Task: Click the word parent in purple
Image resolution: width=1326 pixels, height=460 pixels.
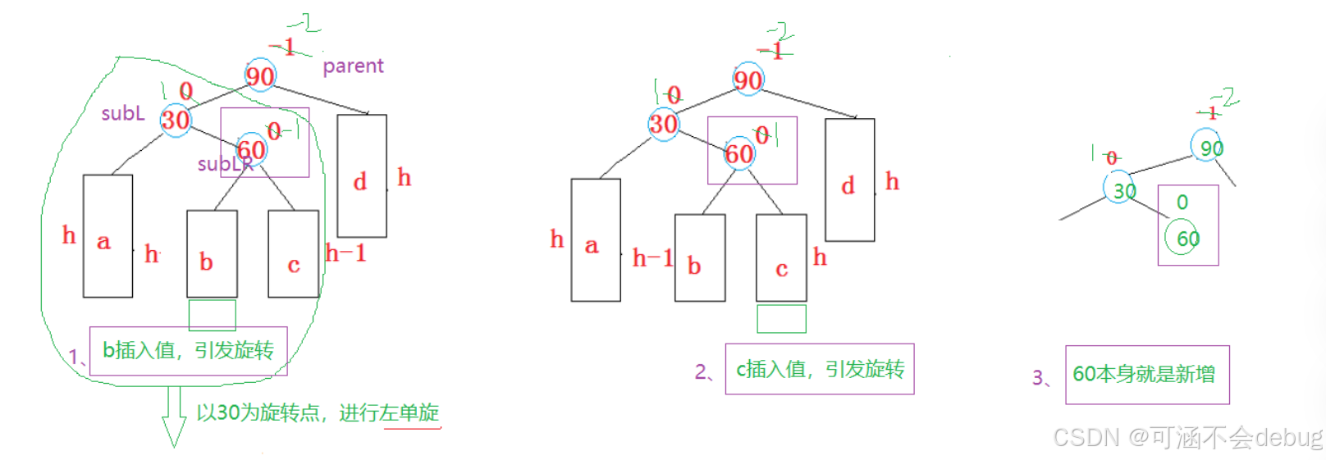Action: (x=353, y=66)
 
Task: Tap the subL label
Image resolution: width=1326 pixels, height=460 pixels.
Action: (x=123, y=113)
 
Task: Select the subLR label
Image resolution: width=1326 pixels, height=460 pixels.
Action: (x=224, y=164)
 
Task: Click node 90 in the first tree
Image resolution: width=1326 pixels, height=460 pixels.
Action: (x=260, y=75)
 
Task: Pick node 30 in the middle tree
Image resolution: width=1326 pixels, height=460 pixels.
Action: (x=664, y=124)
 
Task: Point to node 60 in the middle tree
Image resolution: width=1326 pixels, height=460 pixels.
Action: (x=739, y=153)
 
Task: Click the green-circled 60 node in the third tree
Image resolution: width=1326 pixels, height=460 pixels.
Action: (x=1182, y=238)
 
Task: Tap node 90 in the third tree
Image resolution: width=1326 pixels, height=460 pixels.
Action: (x=1207, y=147)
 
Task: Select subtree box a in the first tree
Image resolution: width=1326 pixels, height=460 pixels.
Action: (x=107, y=236)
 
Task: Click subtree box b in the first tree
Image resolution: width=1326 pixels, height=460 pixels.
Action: (x=212, y=254)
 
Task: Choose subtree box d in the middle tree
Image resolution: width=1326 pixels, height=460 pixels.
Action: (x=849, y=180)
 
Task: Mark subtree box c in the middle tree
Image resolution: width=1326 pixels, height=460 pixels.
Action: (x=781, y=258)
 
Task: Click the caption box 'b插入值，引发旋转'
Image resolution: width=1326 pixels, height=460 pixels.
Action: (x=188, y=351)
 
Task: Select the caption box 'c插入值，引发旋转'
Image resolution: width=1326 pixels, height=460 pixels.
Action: (x=819, y=369)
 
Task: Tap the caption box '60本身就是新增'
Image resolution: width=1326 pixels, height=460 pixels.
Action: (x=1146, y=375)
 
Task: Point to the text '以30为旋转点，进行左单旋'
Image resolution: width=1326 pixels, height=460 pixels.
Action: (x=318, y=412)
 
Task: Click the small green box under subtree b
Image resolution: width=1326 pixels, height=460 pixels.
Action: (x=212, y=315)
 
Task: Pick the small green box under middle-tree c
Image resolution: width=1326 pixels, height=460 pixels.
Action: (x=781, y=319)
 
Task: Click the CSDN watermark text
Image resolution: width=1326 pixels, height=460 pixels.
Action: (x=1187, y=437)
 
